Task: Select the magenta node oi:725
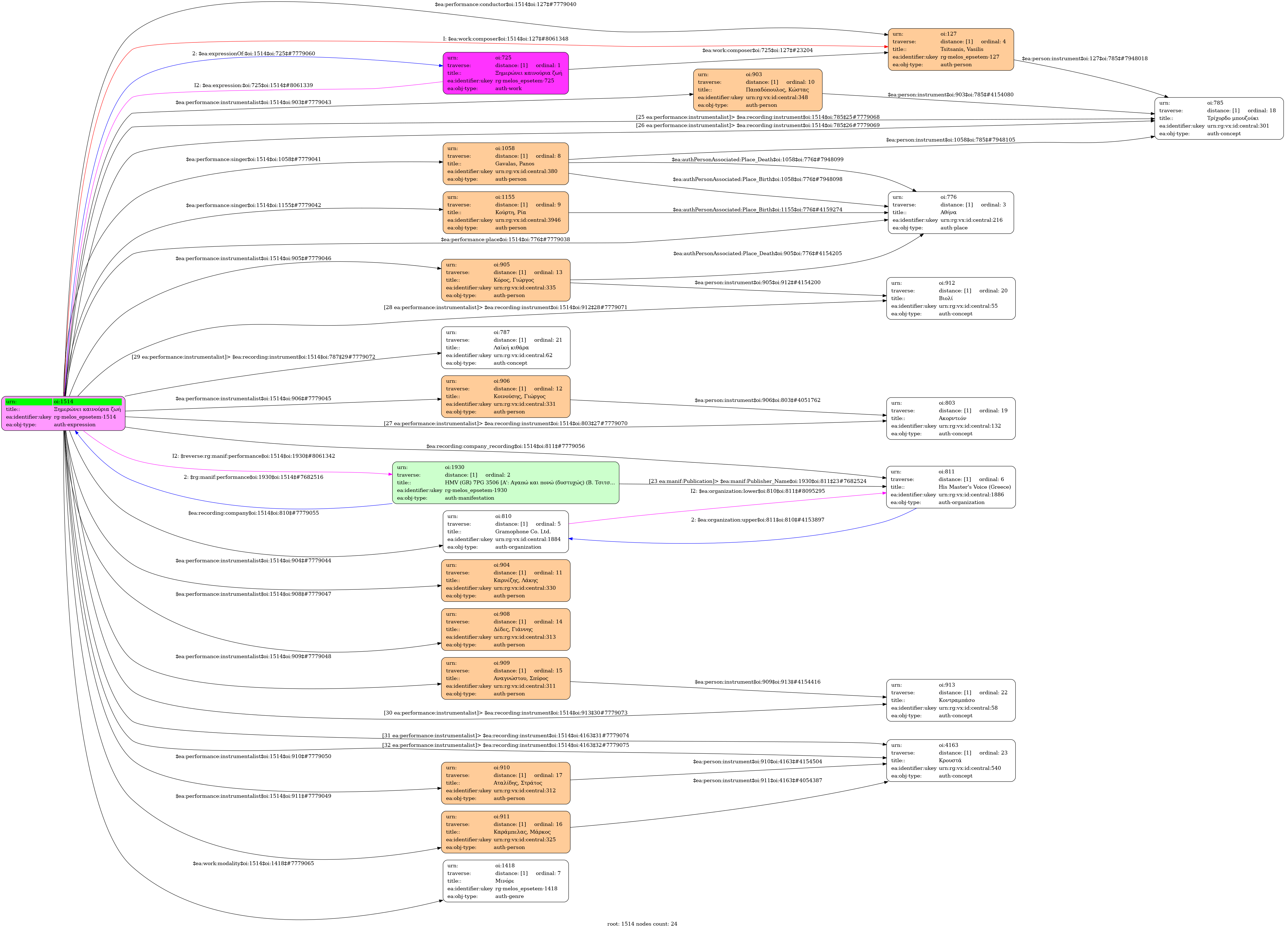click(505, 73)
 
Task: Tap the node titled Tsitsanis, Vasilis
click(951, 49)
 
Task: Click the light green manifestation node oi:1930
click(505, 483)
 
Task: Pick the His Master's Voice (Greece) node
click(951, 486)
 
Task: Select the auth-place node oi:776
click(951, 212)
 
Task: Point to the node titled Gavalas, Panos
click(505, 164)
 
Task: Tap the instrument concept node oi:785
click(1219, 118)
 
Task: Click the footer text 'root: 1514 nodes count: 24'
click(642, 924)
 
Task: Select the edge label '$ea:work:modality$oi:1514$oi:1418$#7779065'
click(253, 863)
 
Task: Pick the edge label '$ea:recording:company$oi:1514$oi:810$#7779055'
click(253, 513)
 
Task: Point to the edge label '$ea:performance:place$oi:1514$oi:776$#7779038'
click(505, 240)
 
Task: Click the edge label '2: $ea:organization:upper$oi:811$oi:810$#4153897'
click(758, 520)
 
